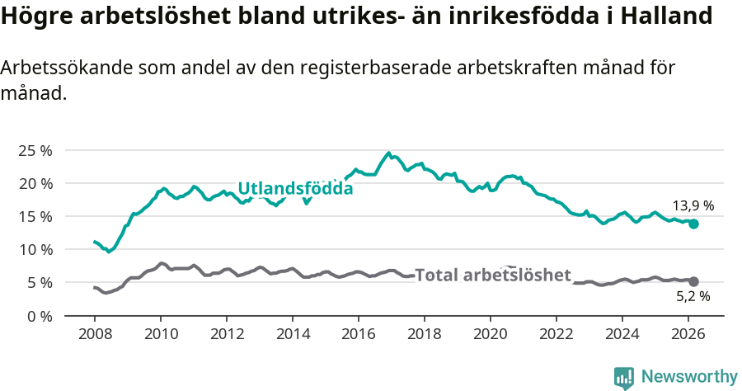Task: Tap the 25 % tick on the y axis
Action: click(35, 150)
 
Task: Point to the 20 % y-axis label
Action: click(35, 183)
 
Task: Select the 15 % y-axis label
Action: click(35, 216)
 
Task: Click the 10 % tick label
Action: click(35, 249)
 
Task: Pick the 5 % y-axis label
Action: click(39, 282)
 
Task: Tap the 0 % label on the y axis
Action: click(39, 316)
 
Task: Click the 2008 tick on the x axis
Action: click(95, 334)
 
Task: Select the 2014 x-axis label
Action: click(293, 334)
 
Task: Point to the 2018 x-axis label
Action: click(425, 334)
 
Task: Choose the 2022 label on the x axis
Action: click(556, 334)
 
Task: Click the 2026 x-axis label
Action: click(688, 334)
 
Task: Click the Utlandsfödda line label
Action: click(295, 189)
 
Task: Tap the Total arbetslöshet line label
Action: click(492, 275)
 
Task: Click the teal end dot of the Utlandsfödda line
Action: click(693, 224)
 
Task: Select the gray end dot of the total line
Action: click(693, 281)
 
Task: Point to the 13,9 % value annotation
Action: click(693, 205)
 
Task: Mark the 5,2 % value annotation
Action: click(693, 296)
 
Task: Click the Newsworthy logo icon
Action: click(623, 377)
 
